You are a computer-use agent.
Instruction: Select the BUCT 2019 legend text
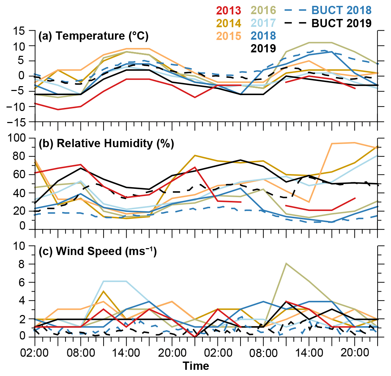point(342,23)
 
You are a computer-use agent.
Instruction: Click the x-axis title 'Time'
point(196,365)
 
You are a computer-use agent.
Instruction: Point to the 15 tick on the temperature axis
point(24,31)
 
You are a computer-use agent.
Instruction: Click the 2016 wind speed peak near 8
point(286,263)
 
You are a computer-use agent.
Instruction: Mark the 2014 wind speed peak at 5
point(104,291)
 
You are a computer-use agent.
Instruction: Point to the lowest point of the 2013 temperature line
point(58,110)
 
